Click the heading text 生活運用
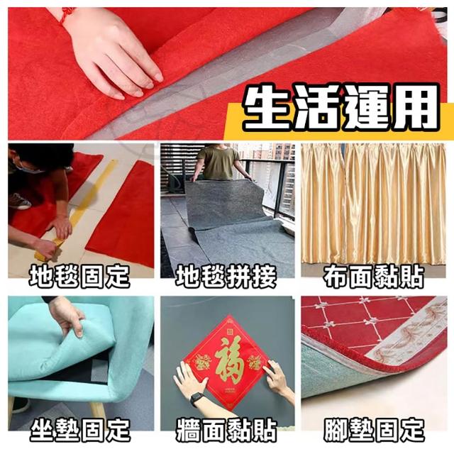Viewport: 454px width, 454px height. tap(340, 108)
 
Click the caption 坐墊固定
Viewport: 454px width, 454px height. tap(80, 430)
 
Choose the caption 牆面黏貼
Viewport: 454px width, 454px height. tap(226, 430)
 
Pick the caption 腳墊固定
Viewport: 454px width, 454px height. tap(374, 430)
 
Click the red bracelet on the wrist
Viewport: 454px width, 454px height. tap(67, 15)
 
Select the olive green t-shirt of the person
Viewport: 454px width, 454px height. tap(219, 162)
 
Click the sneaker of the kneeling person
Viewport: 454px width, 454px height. tap(19, 201)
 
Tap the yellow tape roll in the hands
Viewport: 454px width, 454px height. tap(49, 249)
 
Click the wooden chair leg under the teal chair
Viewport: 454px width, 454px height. tap(98, 410)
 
